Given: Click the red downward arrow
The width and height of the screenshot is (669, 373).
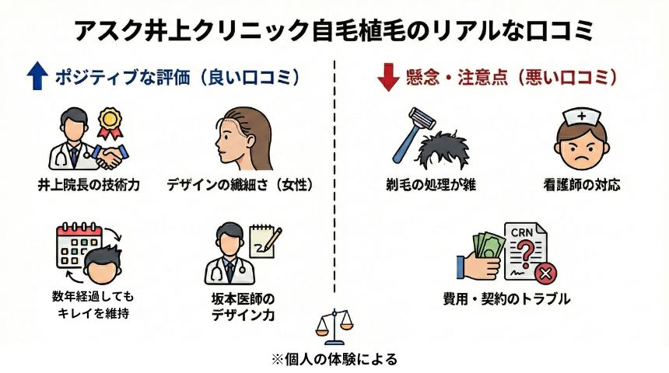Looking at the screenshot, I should point(387,78).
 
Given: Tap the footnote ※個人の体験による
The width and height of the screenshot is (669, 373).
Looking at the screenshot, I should point(334,359).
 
